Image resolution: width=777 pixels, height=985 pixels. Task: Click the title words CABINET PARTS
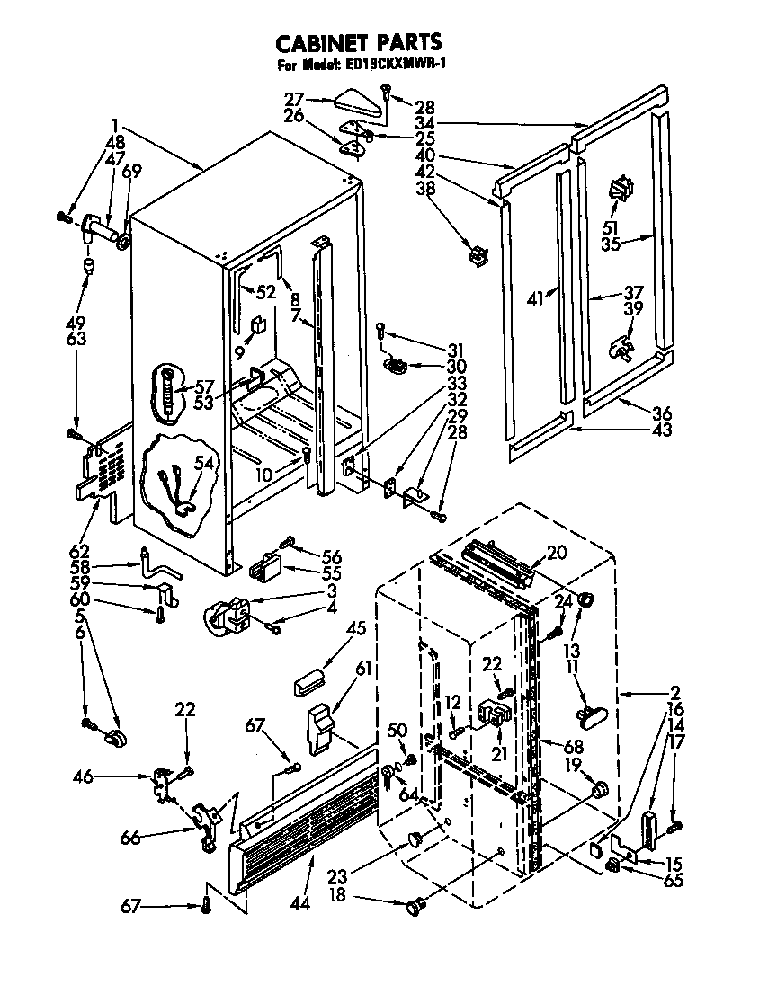358,42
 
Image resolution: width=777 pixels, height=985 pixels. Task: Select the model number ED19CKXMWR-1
396,65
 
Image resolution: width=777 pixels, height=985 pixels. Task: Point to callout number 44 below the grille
299,901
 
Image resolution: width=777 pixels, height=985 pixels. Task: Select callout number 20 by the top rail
557,553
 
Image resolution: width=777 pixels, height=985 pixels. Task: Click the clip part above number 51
621,189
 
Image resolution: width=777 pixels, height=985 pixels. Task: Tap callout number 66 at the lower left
130,838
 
